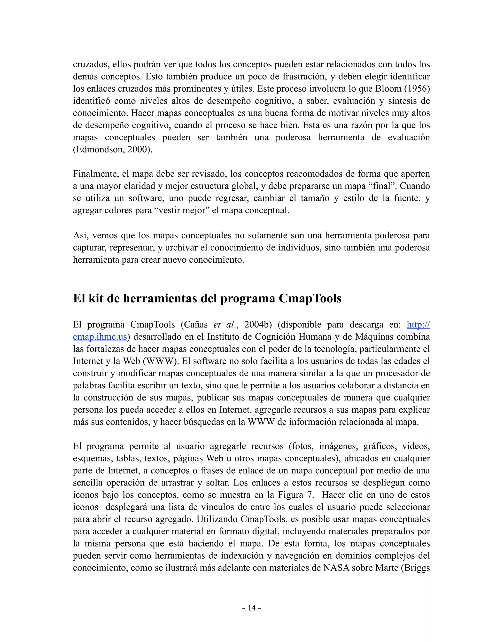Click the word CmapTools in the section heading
pos(310,298)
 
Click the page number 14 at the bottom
pos(252,608)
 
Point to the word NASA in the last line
pos(336,568)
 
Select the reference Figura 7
pos(296,495)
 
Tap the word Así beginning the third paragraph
pos(80,235)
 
